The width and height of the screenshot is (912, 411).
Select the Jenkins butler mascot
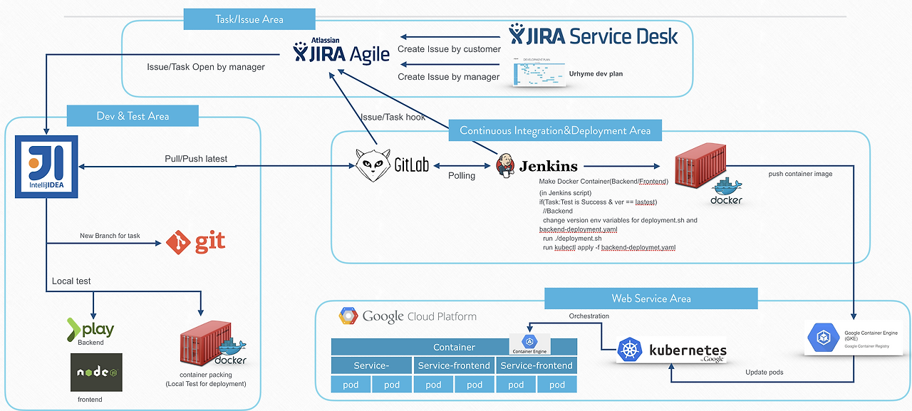point(505,165)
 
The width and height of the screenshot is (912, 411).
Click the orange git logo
point(195,242)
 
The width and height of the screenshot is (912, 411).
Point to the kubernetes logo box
point(671,350)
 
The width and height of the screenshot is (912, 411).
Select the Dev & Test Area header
point(133,116)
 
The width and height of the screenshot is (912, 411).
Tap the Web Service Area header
point(651,298)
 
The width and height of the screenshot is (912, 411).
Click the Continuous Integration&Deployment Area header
point(554,130)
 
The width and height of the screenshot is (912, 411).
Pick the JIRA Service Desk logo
point(594,35)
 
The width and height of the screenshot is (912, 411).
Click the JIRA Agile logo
point(341,52)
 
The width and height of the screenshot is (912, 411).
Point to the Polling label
point(462,175)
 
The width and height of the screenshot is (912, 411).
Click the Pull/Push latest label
point(196,159)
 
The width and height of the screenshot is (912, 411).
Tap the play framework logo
point(90,329)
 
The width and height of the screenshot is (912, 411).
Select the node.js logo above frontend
point(96,372)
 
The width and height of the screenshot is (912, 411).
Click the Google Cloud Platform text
point(408,316)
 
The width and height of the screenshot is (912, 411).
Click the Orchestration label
point(589,316)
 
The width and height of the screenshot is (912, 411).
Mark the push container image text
point(801,174)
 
